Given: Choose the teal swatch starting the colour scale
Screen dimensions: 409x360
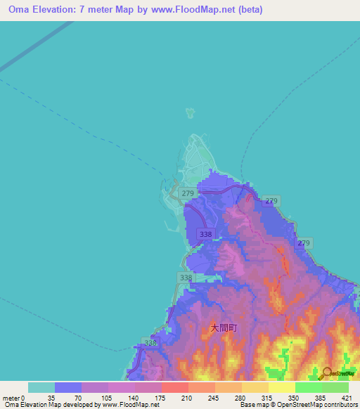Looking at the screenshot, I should click(41, 387).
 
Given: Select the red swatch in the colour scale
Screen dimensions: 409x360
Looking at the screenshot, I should click(174, 387).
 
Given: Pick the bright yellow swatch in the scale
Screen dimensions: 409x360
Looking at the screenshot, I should click(281, 387).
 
